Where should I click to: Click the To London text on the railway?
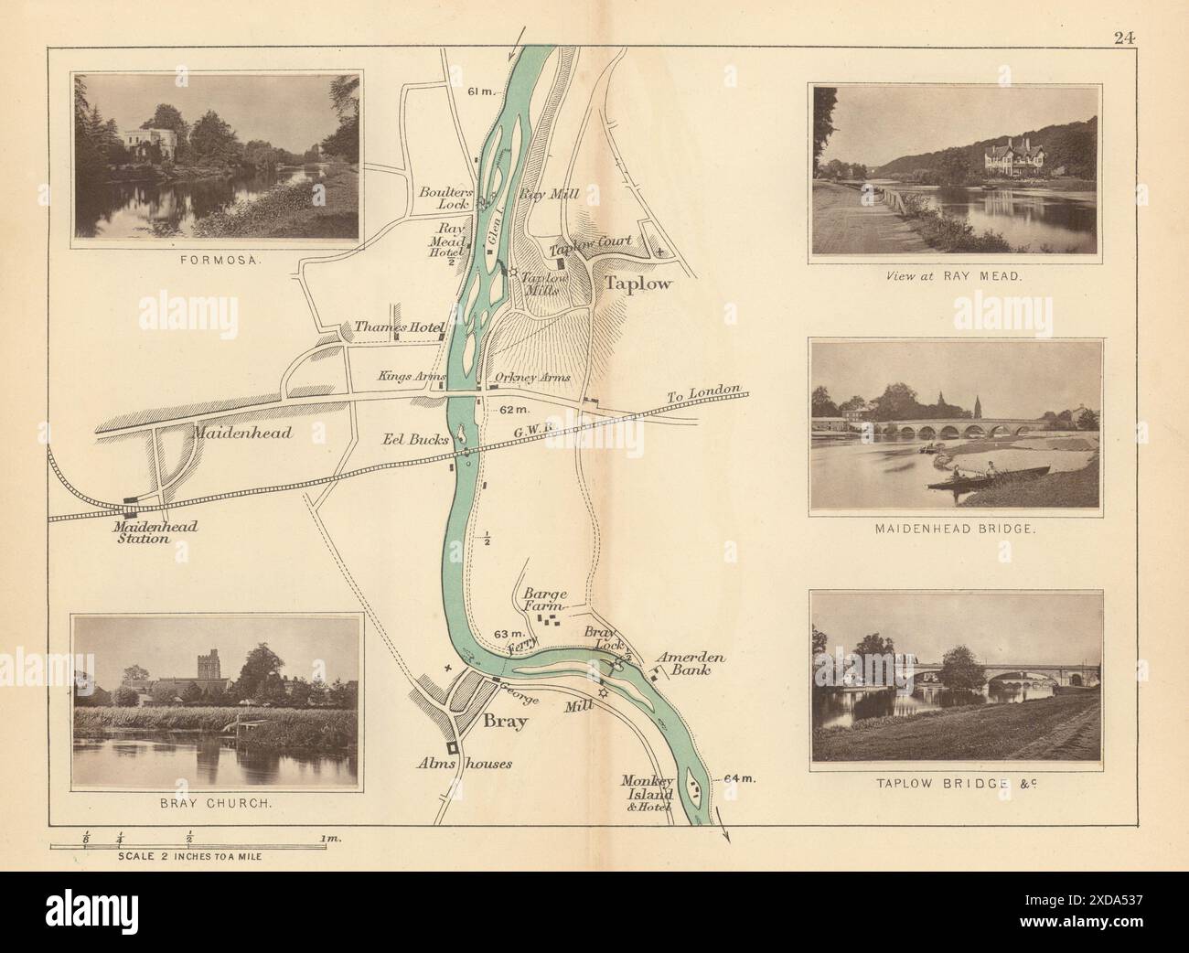click(x=702, y=392)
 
